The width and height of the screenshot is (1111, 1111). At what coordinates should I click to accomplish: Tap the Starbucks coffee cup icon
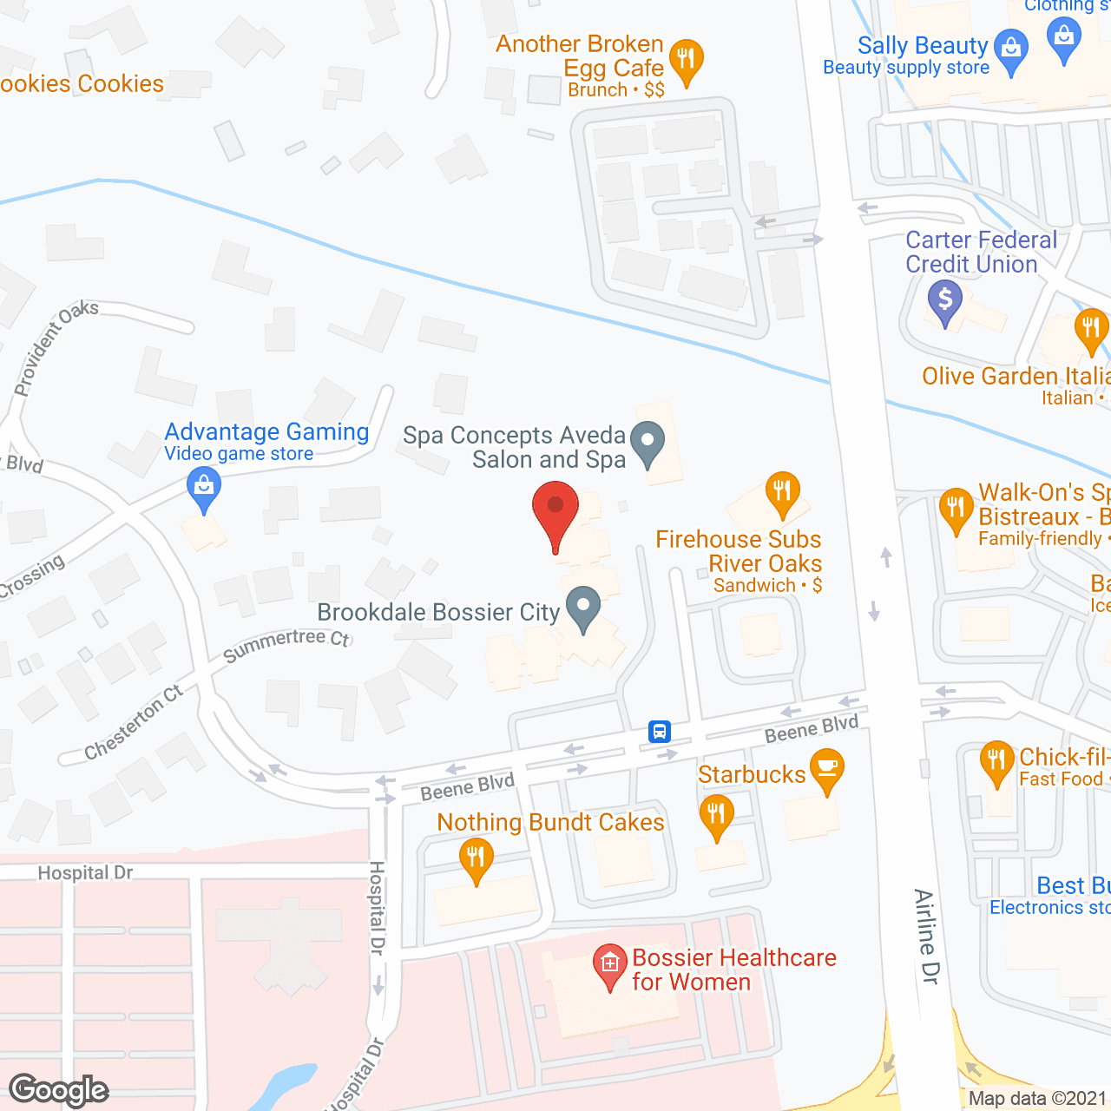pos(826,769)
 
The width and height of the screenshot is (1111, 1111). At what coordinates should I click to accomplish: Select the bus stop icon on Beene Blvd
pos(660,732)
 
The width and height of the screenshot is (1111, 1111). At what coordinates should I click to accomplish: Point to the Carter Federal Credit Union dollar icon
pos(945,301)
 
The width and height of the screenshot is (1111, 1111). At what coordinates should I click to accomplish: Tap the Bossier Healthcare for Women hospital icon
pos(610,964)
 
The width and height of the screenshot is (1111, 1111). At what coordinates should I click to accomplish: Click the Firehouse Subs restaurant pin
pos(783,492)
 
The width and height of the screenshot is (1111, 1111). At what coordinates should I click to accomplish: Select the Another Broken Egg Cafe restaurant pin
pos(687,61)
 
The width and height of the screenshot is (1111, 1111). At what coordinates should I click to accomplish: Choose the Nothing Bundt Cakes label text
pos(550,822)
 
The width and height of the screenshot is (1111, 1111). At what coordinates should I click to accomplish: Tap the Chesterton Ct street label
pos(134,722)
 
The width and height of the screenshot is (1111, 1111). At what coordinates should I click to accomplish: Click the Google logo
pos(59,1090)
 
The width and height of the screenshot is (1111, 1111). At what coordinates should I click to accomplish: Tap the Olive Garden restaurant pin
pos(1091,331)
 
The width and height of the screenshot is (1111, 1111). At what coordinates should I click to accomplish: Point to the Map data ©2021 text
pos(1037,1098)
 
